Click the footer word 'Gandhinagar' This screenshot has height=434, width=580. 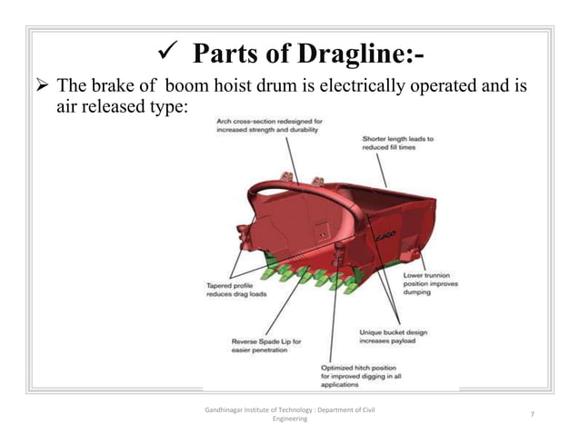pyautogui.click(x=233, y=409)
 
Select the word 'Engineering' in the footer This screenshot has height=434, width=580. pyautogui.click(x=290, y=419)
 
